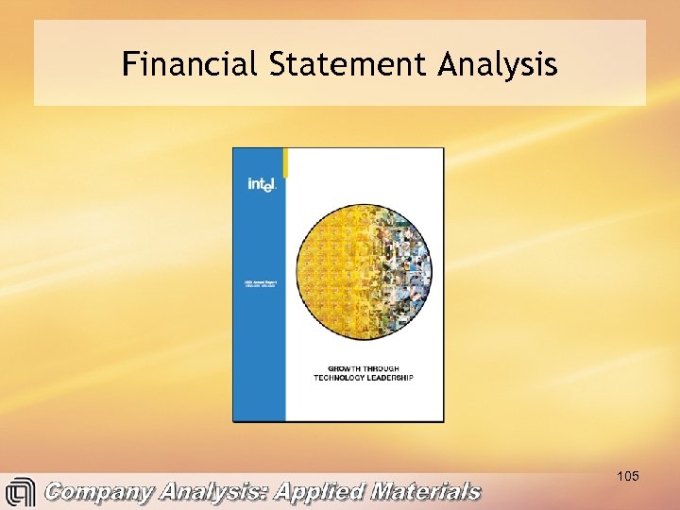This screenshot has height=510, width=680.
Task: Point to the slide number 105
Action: [x=627, y=476]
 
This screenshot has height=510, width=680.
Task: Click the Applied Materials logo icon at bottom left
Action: [x=20, y=493]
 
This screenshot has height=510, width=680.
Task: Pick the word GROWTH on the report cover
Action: [x=346, y=368]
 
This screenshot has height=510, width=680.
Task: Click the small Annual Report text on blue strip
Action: [x=260, y=282]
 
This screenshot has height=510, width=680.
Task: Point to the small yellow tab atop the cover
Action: [x=285, y=161]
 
